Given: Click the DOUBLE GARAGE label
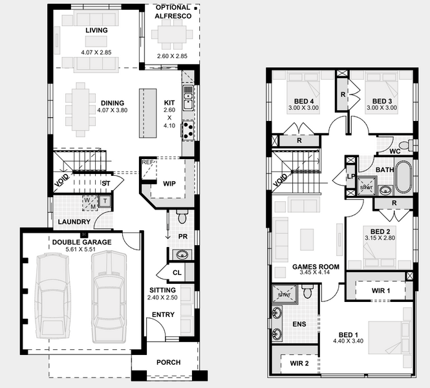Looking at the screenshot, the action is [x=81, y=242].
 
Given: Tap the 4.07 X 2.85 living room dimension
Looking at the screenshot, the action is [x=96, y=52].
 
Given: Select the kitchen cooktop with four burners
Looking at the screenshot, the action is [x=188, y=130].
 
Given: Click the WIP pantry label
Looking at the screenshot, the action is [x=169, y=184].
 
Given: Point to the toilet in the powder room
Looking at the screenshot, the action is [x=181, y=217].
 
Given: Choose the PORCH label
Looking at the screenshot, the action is [x=168, y=362].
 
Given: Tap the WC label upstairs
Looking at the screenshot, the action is [x=395, y=151].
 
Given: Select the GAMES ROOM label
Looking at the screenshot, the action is [x=316, y=266].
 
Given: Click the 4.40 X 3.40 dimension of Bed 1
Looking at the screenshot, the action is [x=349, y=341].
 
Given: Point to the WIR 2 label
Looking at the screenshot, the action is [x=299, y=363].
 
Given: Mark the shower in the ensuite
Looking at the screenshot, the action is [x=285, y=294].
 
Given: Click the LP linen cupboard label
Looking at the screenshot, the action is [x=351, y=177].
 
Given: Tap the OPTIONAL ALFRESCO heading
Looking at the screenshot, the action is [x=173, y=12].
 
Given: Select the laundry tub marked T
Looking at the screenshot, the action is [x=105, y=202].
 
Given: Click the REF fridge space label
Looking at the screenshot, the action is [x=147, y=162].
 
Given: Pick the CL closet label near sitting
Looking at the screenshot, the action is [x=177, y=272].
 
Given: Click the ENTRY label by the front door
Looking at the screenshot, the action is [x=163, y=314].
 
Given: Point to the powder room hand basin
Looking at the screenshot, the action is [x=181, y=255].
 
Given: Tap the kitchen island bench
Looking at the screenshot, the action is [x=148, y=113].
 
